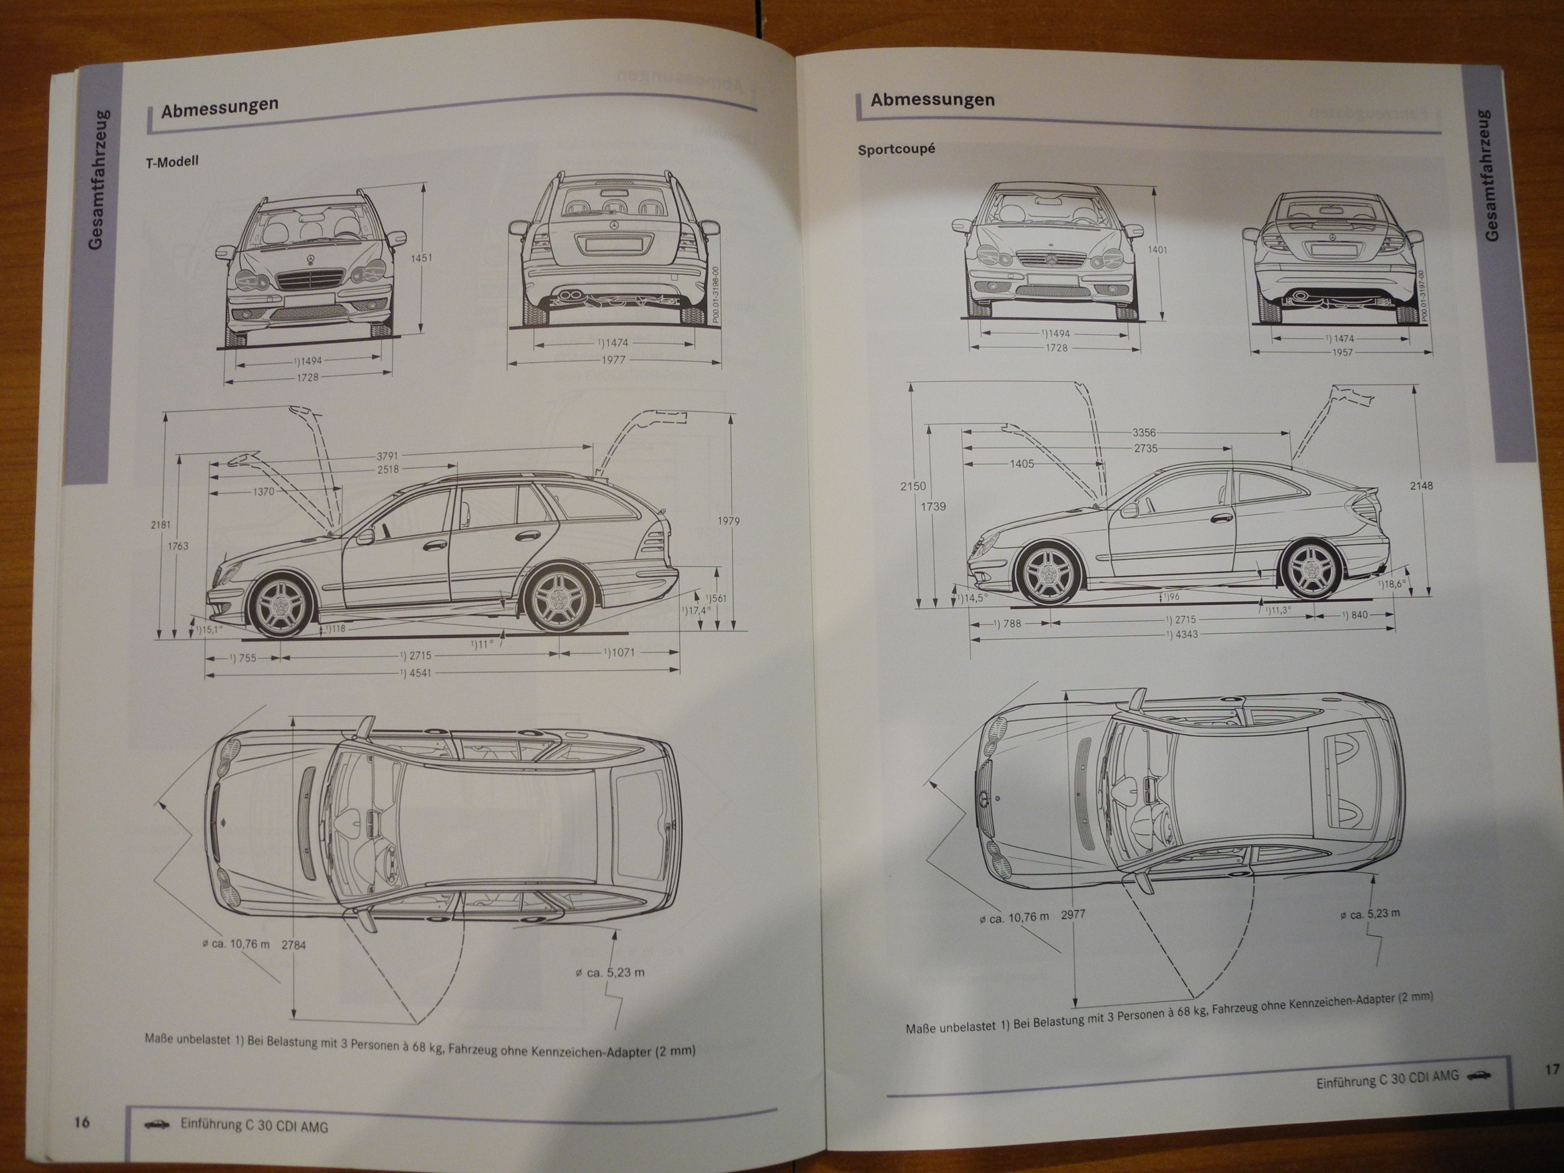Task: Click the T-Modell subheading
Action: pos(172,161)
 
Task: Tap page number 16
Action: pos(82,1121)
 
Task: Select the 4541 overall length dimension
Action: pos(419,672)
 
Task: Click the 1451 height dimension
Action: pos(421,258)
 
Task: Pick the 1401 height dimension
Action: pos(1157,250)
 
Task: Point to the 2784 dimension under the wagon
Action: pos(293,944)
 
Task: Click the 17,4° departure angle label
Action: pos(696,609)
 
